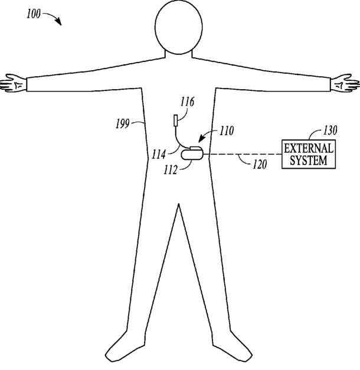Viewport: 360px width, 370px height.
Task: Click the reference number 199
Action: pos(123,124)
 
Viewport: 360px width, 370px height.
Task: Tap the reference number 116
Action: pos(187,102)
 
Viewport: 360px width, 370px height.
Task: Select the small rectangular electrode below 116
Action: pos(176,120)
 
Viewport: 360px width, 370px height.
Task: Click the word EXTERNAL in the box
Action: pos(309,148)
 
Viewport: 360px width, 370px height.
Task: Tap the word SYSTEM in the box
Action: pos(309,160)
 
